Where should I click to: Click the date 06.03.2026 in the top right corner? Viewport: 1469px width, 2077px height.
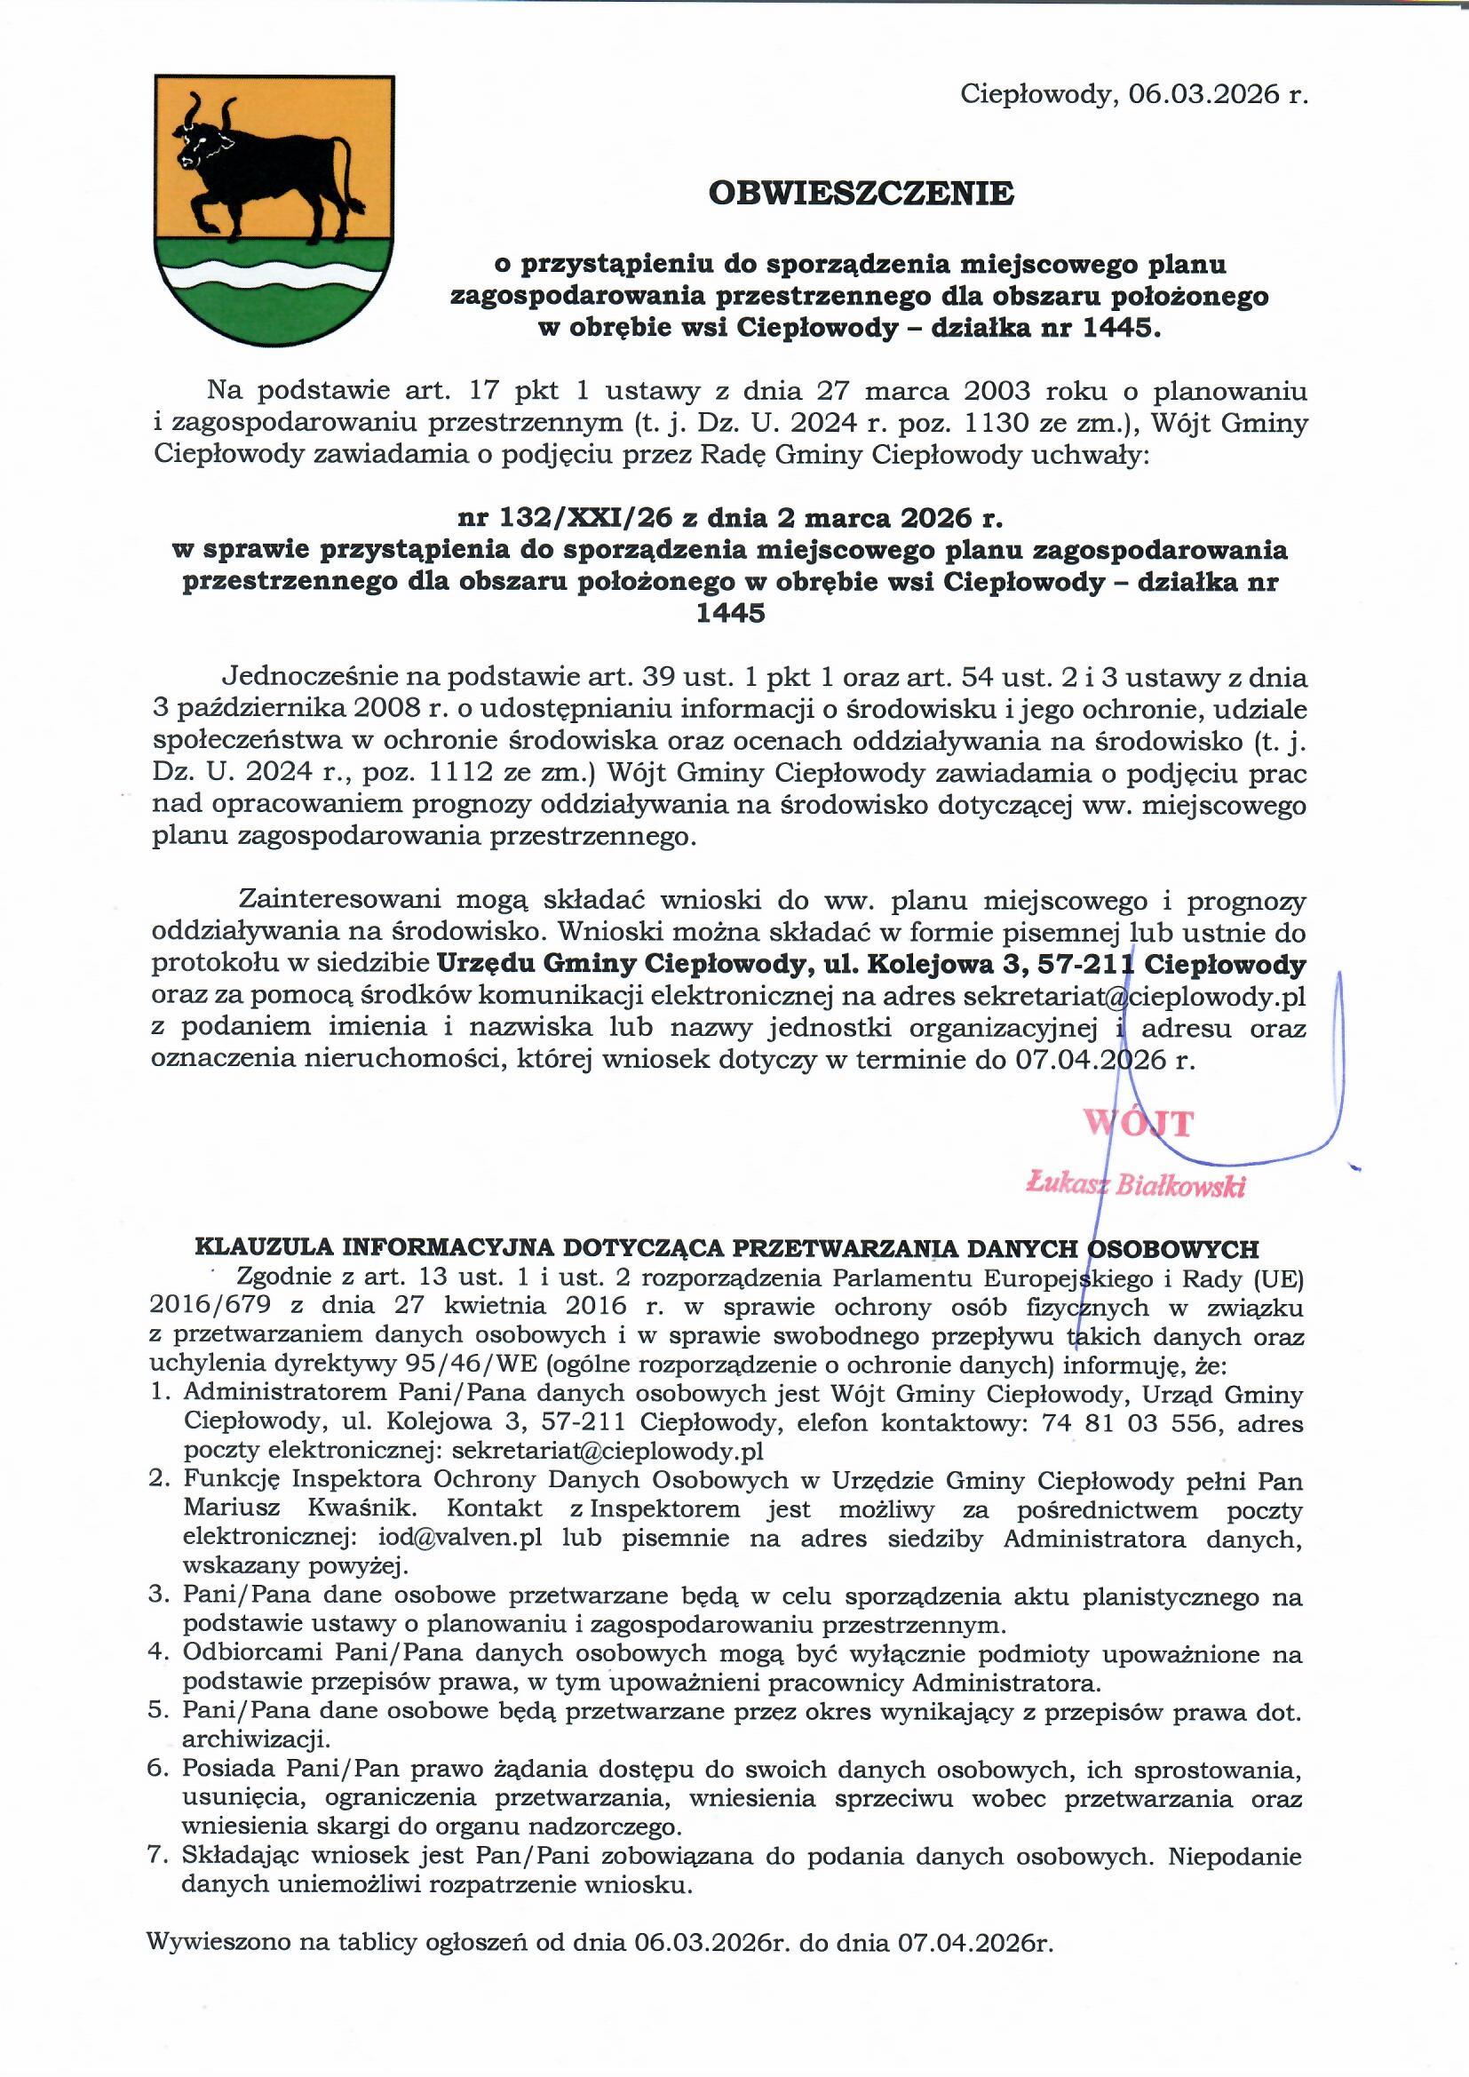click(x=1201, y=94)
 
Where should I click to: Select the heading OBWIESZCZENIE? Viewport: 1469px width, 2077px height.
click(x=862, y=193)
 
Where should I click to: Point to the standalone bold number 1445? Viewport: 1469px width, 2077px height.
click(x=730, y=613)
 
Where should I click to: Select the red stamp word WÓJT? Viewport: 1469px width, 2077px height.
click(x=1139, y=1124)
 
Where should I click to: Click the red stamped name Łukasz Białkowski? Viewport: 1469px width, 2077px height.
click(x=1136, y=1184)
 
